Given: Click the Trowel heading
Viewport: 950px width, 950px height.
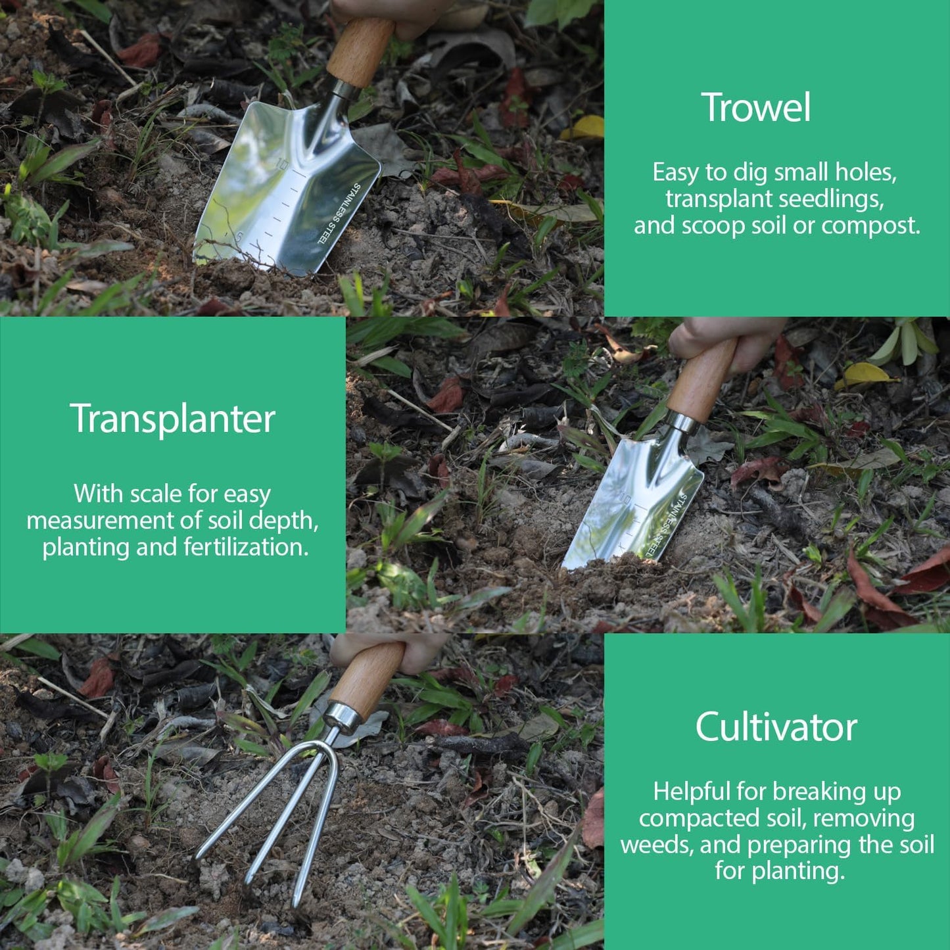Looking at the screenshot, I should [x=756, y=108].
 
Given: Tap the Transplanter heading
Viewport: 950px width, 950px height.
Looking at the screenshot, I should [x=172, y=419].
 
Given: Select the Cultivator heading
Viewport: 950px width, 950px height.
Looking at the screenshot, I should [x=776, y=727].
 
